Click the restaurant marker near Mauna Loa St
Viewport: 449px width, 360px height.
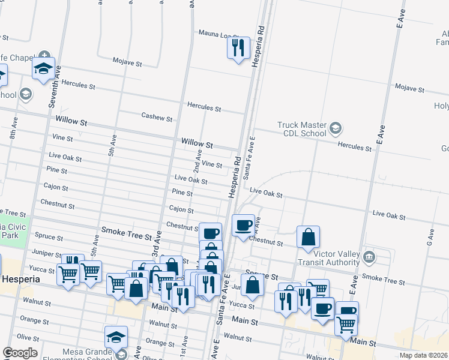tap(238, 47)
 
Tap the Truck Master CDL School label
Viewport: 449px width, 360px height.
tap(301, 129)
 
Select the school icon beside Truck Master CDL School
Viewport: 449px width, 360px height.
tap(335, 128)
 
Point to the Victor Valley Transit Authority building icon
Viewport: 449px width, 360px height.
tap(369, 257)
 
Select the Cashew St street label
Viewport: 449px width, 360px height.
tap(157, 116)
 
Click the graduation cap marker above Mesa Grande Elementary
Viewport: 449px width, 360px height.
tap(116, 337)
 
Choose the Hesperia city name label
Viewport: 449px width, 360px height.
tap(20, 280)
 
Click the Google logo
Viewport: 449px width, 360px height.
tap(20, 353)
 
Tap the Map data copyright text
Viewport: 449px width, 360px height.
tap(423, 355)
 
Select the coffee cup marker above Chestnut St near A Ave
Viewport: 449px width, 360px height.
tap(243, 225)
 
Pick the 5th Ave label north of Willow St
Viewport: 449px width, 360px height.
tap(112, 145)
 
